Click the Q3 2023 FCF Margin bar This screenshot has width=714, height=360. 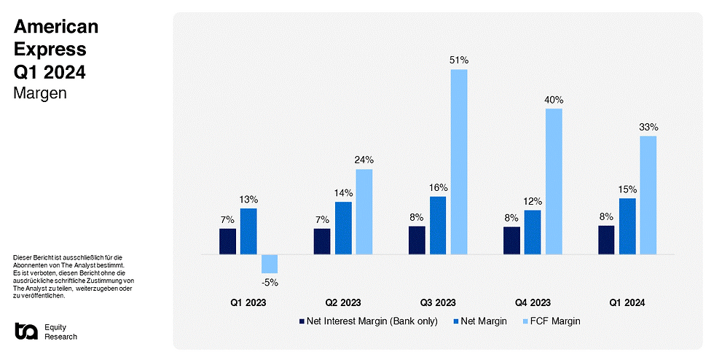pos(458,162)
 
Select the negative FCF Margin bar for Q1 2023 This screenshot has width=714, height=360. pos(270,264)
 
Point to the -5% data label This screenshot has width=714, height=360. pos(270,282)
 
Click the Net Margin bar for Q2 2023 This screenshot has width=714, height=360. pos(343,228)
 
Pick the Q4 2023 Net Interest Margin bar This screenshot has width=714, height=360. pos(511,240)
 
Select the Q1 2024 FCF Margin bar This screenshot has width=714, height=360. pos(648,195)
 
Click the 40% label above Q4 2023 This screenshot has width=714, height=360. pos(553,100)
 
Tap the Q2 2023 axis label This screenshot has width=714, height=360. pos(342,302)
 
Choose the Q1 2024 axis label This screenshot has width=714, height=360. pos(627,302)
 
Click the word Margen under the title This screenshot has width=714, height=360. pos(40,93)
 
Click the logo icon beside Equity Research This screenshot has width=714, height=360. pos(26,331)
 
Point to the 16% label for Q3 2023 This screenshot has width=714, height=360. pos(438,187)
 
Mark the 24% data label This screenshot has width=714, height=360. pos(364,160)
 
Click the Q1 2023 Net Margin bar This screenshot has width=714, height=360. pos(248,231)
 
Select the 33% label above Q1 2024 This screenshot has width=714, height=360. pos(648,127)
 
